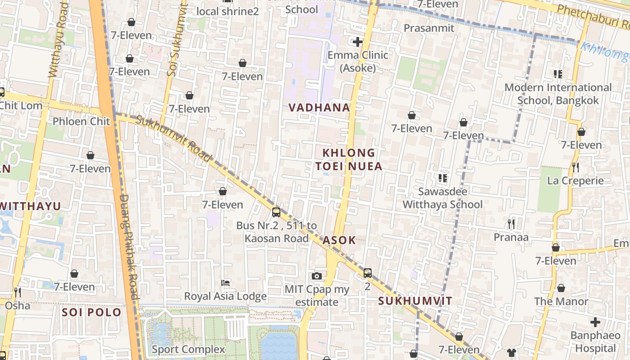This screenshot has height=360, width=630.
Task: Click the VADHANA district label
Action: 319,108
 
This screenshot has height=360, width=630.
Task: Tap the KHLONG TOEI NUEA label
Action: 349,159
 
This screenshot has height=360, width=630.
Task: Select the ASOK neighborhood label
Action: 339,240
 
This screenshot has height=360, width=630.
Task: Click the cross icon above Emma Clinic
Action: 358,42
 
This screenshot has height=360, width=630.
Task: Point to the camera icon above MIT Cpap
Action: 317,276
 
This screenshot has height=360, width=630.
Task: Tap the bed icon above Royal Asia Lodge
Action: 225,283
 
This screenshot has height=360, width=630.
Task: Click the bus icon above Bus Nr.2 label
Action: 276,212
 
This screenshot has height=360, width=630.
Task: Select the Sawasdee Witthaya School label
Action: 442,198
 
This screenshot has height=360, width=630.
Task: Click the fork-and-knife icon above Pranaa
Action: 511,224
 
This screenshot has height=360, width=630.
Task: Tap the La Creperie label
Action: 575,181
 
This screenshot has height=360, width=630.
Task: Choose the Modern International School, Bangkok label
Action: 558,94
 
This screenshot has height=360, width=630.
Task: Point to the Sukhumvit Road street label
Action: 173,138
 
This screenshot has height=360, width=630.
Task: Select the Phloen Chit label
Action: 81,121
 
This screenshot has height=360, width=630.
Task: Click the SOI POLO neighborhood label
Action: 91,312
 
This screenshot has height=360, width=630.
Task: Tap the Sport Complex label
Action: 188,349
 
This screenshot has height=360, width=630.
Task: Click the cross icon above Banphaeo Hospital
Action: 595,322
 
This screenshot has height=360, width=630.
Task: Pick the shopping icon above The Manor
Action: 561,288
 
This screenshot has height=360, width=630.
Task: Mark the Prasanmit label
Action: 429,28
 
